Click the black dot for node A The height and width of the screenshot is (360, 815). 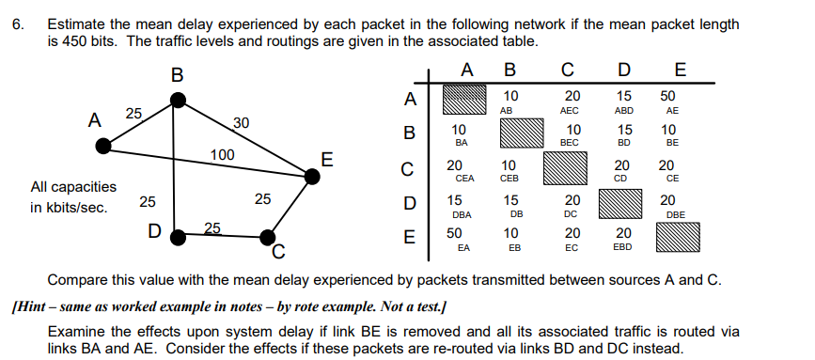click(103, 146)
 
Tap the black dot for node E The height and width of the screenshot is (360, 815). click(311, 174)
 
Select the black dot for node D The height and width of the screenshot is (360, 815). click(175, 237)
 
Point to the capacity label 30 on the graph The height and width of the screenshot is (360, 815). click(242, 122)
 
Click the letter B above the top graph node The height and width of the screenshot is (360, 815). click(176, 74)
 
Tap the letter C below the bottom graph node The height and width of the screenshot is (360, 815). click(277, 251)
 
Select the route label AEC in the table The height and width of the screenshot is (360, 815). click(570, 110)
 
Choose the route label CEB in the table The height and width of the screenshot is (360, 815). click(510, 178)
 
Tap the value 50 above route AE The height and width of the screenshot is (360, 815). click(668, 96)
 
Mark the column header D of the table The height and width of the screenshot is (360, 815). click(624, 70)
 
